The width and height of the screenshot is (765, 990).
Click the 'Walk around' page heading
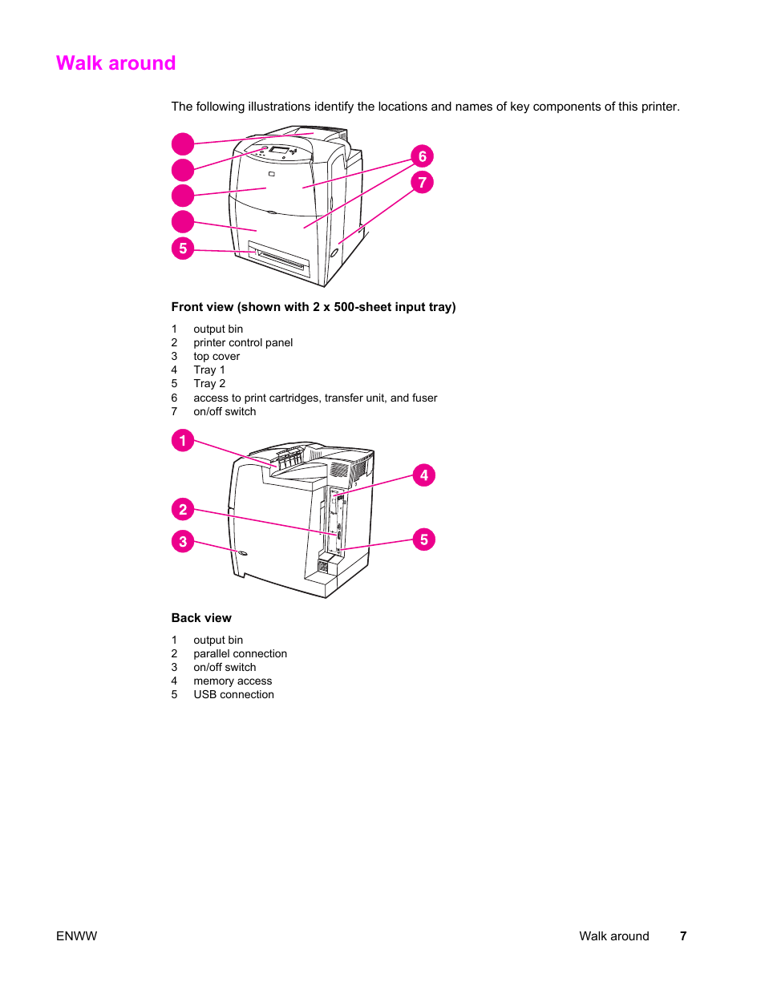(x=115, y=63)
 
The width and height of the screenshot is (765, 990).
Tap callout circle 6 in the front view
(x=422, y=156)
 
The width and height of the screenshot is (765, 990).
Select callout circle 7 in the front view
(x=422, y=183)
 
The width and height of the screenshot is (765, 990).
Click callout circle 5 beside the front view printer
(x=183, y=249)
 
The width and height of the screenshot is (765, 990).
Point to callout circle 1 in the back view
(x=183, y=440)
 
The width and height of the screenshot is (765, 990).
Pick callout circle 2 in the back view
(x=183, y=509)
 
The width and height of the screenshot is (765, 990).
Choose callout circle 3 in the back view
(x=183, y=542)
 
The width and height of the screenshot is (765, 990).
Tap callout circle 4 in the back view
(x=424, y=475)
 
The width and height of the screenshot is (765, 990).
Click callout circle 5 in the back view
(x=424, y=539)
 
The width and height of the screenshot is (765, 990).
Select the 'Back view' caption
(x=201, y=618)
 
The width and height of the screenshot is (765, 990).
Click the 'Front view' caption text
(x=313, y=307)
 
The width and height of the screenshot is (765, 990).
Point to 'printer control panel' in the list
(x=243, y=342)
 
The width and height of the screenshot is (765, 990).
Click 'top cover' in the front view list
(x=217, y=356)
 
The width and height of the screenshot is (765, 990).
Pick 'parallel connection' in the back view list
(x=240, y=653)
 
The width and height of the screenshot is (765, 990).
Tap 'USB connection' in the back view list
(x=233, y=694)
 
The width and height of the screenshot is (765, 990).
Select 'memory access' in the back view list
(x=233, y=681)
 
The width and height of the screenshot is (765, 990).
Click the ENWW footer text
(x=76, y=935)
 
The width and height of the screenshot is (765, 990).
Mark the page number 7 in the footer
(x=683, y=935)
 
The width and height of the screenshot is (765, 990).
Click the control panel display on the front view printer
(x=279, y=150)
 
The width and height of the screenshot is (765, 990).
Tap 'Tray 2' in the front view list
(x=209, y=383)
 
